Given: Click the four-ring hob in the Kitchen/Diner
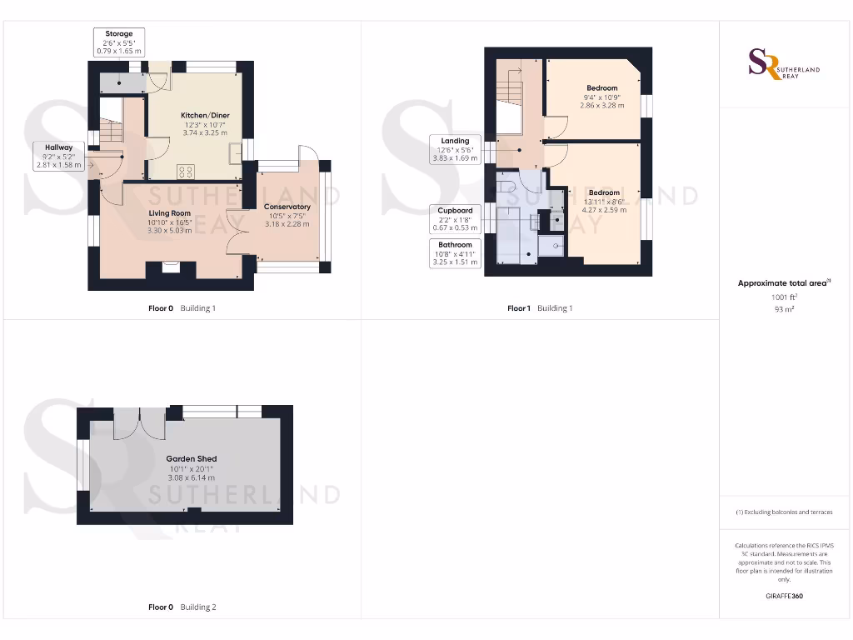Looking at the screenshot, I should [186, 172].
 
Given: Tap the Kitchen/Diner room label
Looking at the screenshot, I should [205, 115].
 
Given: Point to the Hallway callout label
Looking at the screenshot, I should [58, 156].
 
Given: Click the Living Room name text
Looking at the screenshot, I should [170, 213].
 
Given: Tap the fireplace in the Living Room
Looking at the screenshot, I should [171, 267].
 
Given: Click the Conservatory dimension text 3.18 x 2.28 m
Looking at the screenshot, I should [287, 224].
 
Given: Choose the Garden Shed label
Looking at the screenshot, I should [192, 458].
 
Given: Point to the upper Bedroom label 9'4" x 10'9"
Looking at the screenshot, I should [601, 97].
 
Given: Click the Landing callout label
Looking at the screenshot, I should [455, 149].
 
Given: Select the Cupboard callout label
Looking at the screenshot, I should [455, 219].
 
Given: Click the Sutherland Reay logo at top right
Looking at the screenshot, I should [783, 64].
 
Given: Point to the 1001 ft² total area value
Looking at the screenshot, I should [783, 297].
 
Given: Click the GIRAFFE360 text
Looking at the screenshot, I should [783, 596].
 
